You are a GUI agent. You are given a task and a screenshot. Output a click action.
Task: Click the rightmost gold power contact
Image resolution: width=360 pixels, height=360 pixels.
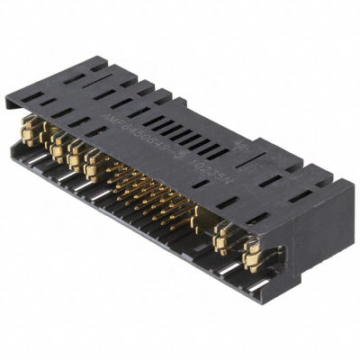click(250, 253)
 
